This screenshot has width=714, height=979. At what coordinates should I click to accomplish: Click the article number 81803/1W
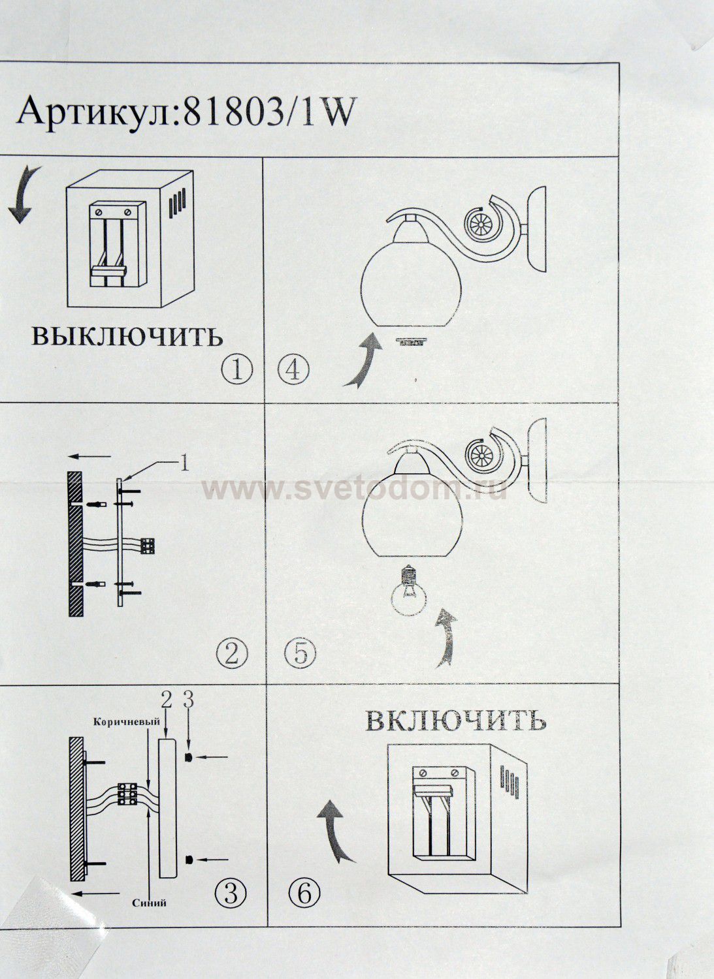pyautogui.click(x=268, y=112)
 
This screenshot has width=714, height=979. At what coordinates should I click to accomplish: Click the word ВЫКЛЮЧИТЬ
pyautogui.click(x=127, y=336)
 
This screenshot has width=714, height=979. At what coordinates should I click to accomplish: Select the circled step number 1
pyautogui.click(x=236, y=370)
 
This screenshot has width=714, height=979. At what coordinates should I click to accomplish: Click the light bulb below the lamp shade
pyautogui.click(x=409, y=591)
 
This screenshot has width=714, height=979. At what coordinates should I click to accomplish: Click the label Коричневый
pyautogui.click(x=127, y=722)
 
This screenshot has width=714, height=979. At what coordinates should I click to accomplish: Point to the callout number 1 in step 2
pyautogui.click(x=185, y=463)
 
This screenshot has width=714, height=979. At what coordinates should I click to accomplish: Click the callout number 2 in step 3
pyautogui.click(x=166, y=700)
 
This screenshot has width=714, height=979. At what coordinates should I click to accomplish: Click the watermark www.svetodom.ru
pyautogui.click(x=354, y=490)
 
